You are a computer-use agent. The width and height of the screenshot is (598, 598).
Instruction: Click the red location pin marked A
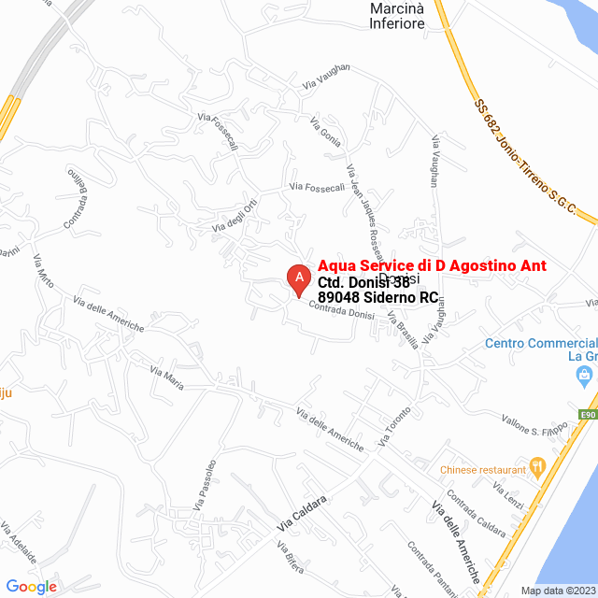click(298, 279)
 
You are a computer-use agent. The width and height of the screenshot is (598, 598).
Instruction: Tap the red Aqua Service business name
click(432, 266)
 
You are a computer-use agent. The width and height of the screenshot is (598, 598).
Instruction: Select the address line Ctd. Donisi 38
click(364, 281)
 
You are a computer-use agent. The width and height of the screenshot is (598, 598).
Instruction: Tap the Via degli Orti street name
click(235, 218)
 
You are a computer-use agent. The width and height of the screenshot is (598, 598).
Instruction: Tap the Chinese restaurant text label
click(483, 469)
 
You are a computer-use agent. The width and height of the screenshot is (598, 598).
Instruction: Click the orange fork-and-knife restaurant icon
click(537, 465)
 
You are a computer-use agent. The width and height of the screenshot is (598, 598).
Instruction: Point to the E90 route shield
click(588, 415)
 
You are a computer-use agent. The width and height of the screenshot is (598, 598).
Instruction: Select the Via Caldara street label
click(302, 515)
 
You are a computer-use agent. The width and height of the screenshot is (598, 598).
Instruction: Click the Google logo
click(31, 586)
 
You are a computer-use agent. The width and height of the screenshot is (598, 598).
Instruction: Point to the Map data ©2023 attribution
click(558, 591)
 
